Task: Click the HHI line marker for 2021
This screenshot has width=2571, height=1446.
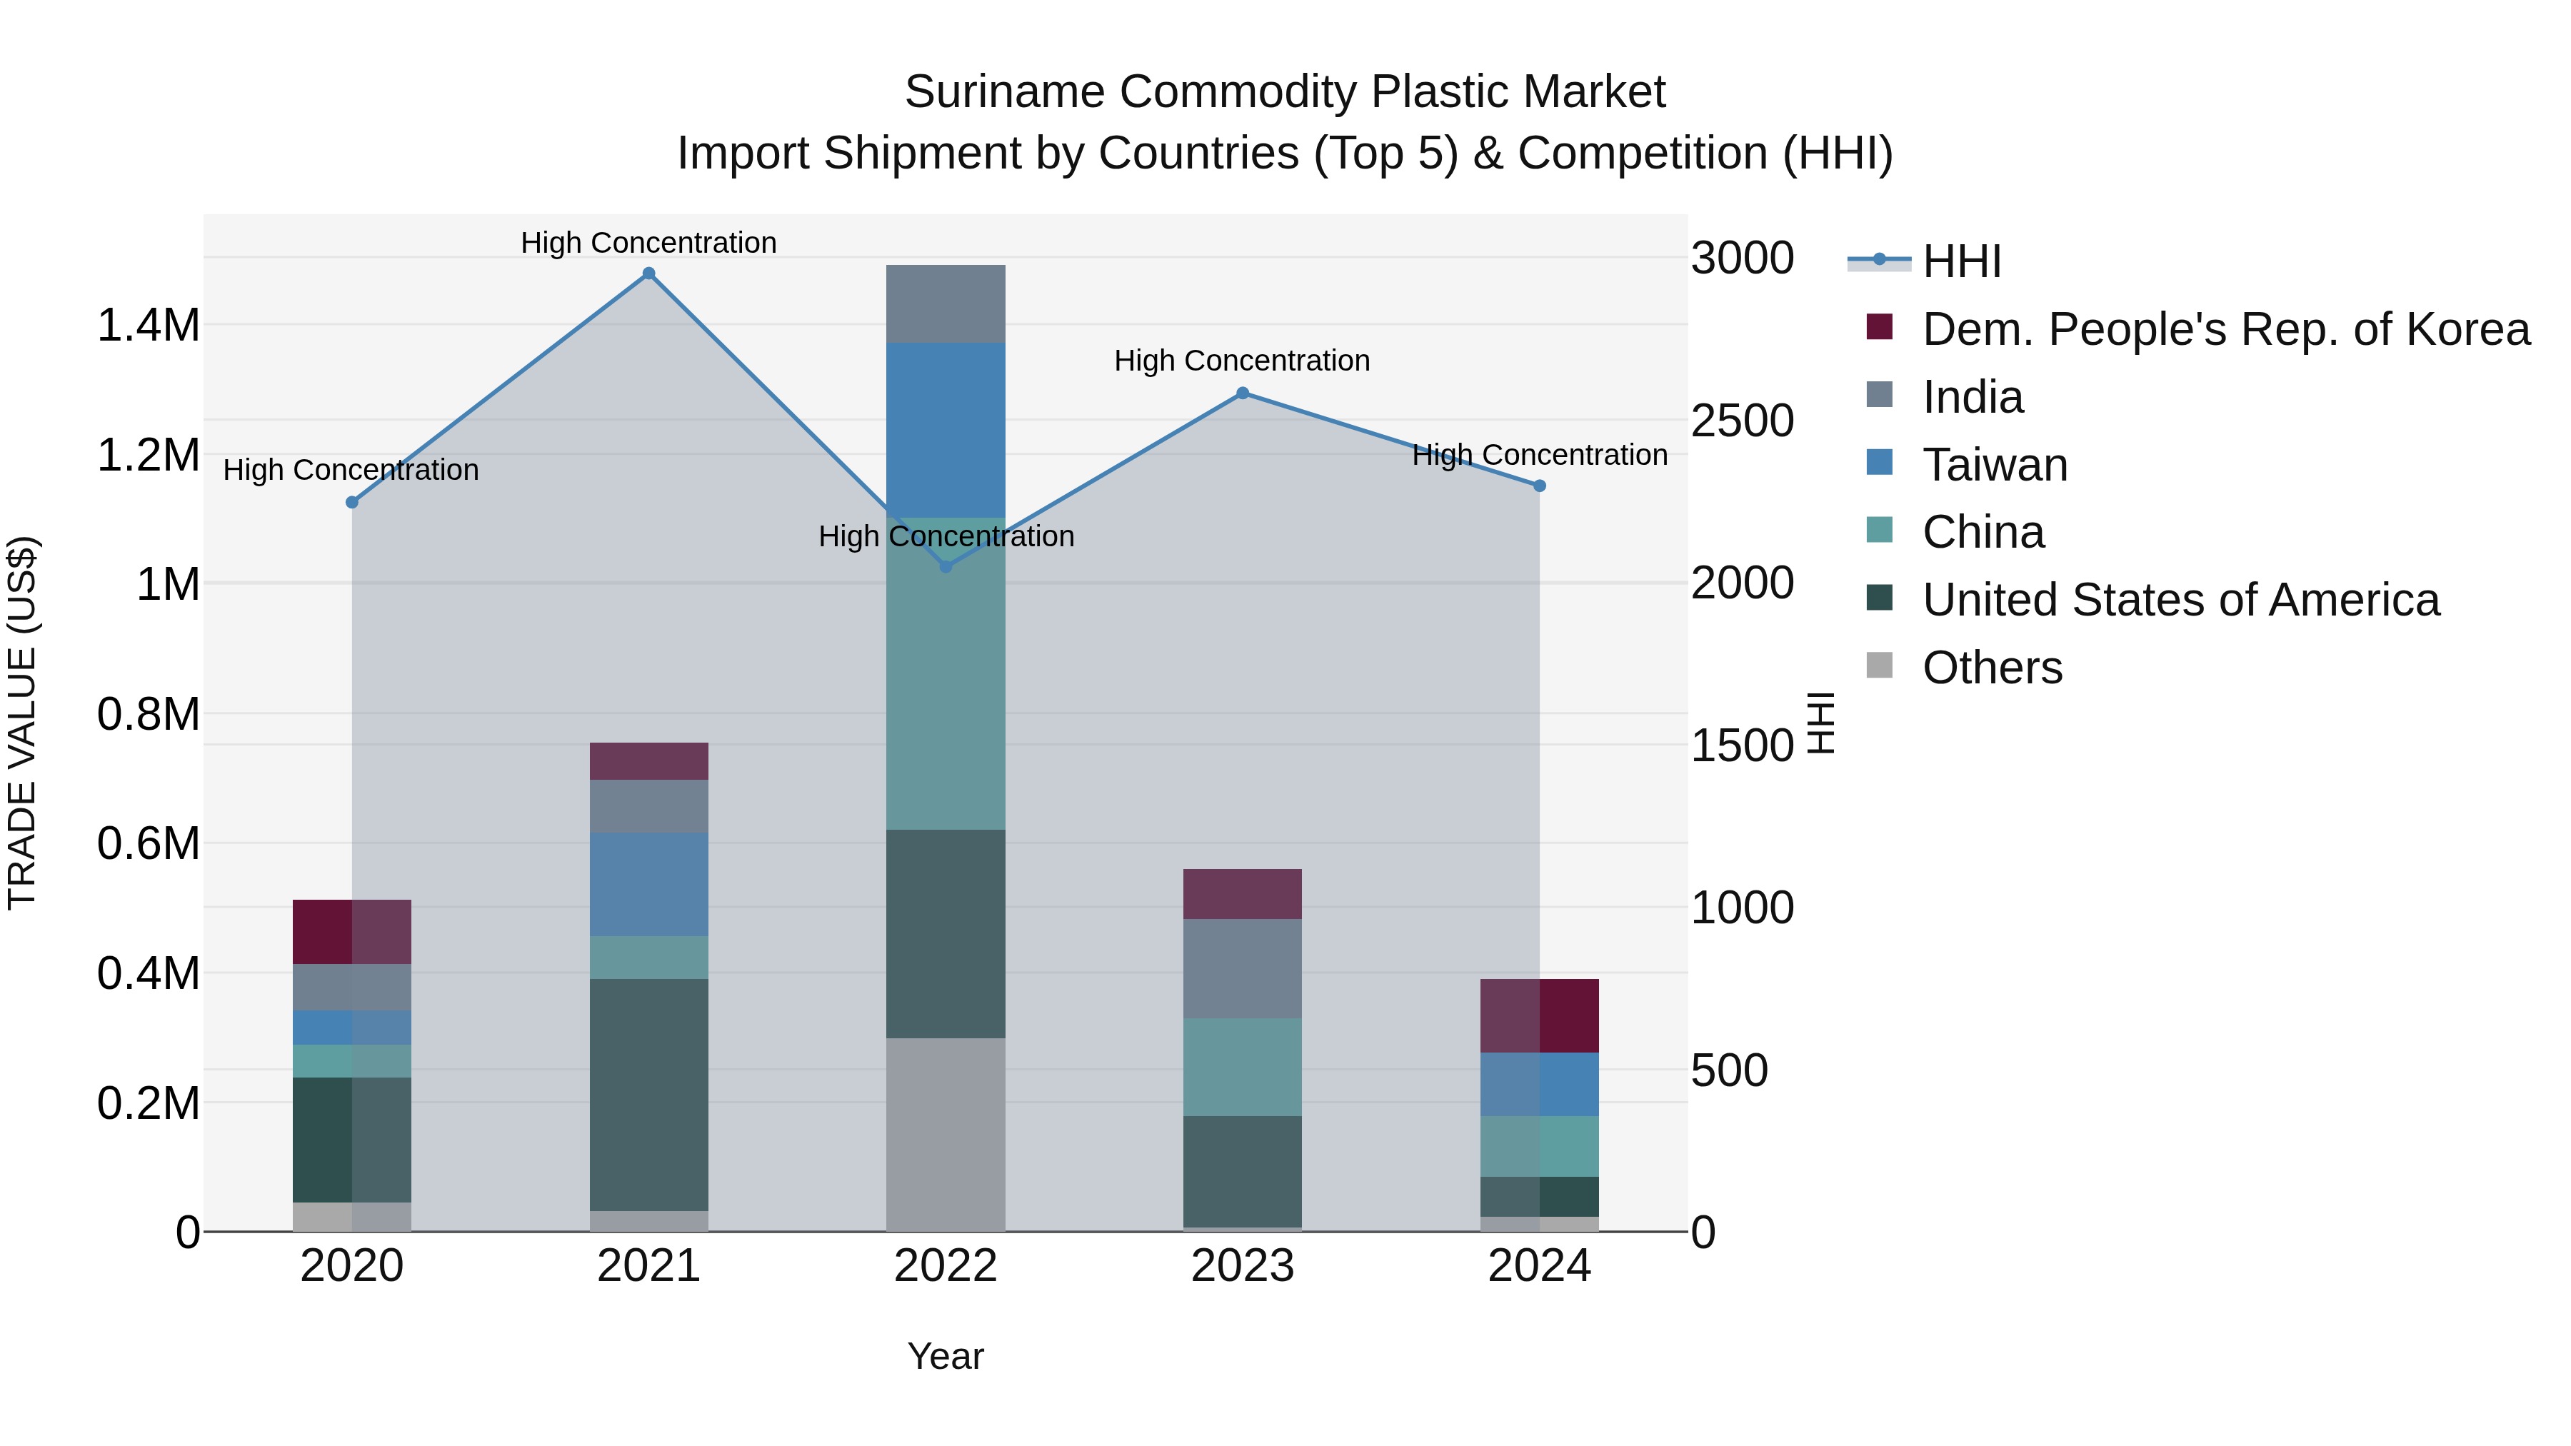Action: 648,273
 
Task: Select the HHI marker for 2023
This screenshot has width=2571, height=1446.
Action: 1243,393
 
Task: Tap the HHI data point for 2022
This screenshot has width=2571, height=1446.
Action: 946,567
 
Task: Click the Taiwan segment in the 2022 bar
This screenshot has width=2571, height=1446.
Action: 946,429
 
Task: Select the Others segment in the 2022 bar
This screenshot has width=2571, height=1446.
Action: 946,1135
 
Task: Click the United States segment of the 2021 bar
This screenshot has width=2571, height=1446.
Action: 648,1095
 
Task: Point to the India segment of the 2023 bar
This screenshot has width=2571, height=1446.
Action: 1243,968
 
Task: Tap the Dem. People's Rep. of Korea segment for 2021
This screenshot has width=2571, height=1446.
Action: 648,761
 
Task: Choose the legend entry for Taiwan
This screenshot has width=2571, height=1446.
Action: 1994,465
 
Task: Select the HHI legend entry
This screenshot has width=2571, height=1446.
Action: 1960,261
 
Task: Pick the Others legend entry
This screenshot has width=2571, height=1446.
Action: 1991,668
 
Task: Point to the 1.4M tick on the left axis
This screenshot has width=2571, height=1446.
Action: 148,326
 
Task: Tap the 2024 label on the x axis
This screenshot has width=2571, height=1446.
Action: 1539,1266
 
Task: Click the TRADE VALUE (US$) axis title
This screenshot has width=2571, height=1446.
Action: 23,723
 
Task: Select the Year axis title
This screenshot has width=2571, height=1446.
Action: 945,1356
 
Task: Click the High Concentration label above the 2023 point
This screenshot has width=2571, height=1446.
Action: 1242,361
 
